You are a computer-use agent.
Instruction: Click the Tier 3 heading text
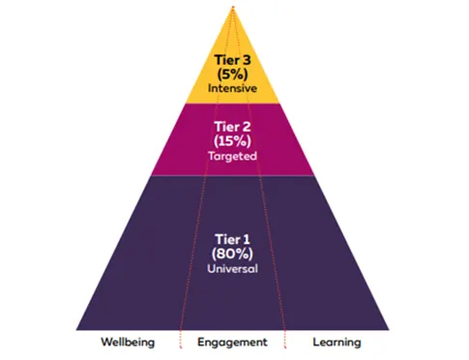click(x=232, y=60)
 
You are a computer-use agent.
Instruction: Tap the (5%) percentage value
click(x=232, y=75)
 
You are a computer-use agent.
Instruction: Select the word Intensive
click(x=232, y=88)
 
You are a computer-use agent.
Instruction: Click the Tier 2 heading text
click(x=232, y=127)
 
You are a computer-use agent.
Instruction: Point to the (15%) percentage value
click(x=232, y=141)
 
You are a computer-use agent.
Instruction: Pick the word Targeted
click(x=232, y=156)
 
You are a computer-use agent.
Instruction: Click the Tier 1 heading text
click(x=232, y=240)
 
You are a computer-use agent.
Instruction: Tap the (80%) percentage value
click(x=232, y=254)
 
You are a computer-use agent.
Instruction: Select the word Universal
click(x=232, y=269)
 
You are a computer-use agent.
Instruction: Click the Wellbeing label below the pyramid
click(x=128, y=343)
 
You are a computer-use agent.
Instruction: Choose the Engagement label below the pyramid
click(x=232, y=343)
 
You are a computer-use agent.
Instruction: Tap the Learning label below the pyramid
click(x=337, y=343)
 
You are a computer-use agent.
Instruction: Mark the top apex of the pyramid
click(x=233, y=7)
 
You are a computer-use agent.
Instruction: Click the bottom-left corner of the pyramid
click(x=76, y=330)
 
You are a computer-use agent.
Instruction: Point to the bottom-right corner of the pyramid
click(x=389, y=330)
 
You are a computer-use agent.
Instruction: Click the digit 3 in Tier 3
click(x=247, y=60)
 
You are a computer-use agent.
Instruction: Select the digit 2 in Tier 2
click(x=247, y=127)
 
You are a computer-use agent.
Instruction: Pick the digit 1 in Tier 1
click(x=247, y=240)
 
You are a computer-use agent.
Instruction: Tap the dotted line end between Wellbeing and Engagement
click(x=181, y=347)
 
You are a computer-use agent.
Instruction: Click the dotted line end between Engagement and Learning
click(x=285, y=347)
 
